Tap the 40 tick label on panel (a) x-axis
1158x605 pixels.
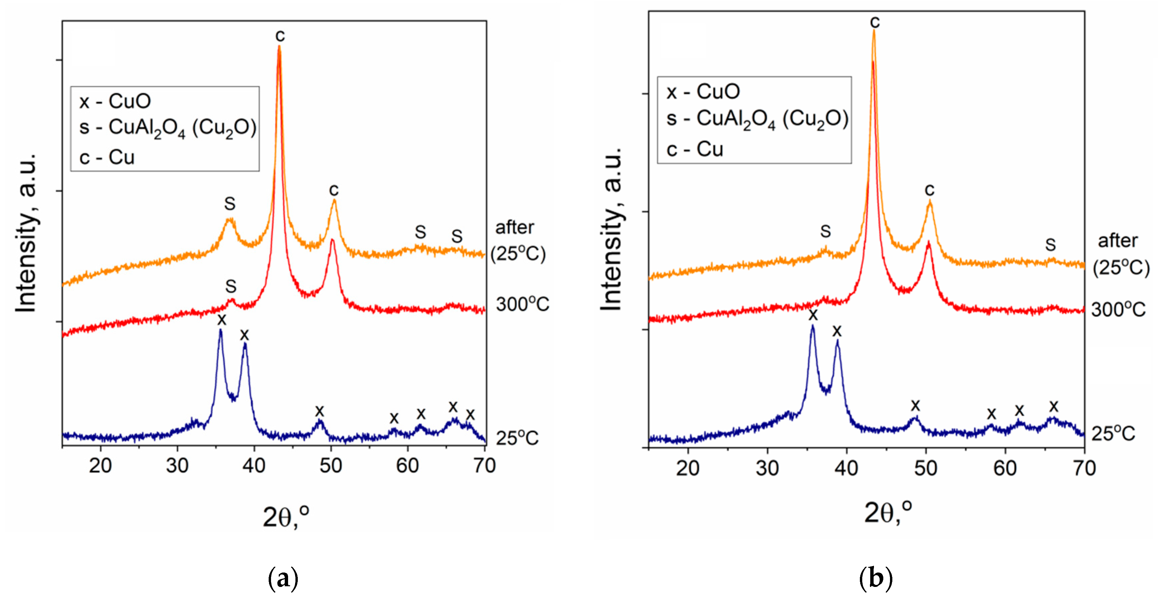(254, 466)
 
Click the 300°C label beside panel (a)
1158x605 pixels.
(522, 305)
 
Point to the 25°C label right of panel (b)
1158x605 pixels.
(1113, 434)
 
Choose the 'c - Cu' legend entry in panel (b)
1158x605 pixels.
(695, 149)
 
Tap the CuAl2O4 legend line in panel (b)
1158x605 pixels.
(757, 120)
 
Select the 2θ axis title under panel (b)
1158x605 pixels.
(888, 513)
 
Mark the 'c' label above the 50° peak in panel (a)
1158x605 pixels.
(334, 190)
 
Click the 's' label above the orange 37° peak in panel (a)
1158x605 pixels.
(230, 204)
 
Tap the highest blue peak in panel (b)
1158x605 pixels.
(812, 327)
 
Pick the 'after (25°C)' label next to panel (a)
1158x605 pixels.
(517, 241)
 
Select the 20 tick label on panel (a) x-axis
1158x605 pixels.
(100, 466)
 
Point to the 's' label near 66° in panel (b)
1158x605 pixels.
(1051, 245)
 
